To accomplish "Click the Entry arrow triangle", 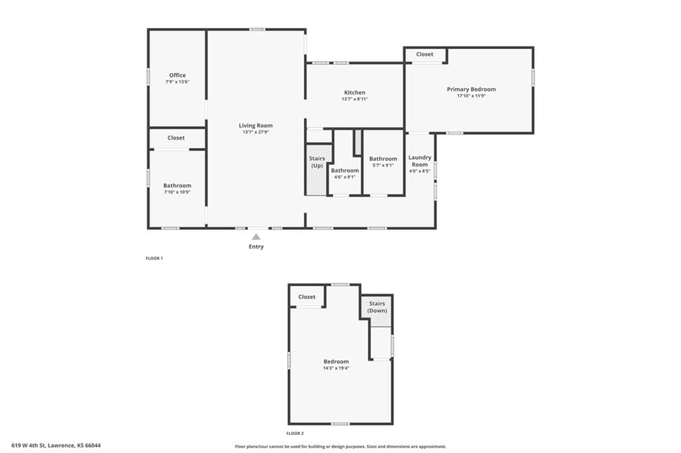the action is pyautogui.click(x=256, y=237).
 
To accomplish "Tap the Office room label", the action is pyautogui.click(x=178, y=75).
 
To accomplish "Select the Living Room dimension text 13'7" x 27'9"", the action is pyautogui.click(x=256, y=132).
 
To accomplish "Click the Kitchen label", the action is pyautogui.click(x=355, y=92).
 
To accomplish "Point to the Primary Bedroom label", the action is pyautogui.click(x=472, y=90).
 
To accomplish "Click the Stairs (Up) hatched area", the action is pyautogui.click(x=318, y=170).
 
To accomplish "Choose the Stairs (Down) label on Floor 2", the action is pyautogui.click(x=377, y=308).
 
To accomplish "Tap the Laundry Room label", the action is pyautogui.click(x=420, y=161).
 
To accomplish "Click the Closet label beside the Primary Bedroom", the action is pyautogui.click(x=425, y=54).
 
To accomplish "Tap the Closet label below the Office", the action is pyautogui.click(x=176, y=137).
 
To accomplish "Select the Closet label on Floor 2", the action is pyautogui.click(x=307, y=297).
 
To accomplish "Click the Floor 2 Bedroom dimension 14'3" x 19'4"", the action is pyautogui.click(x=336, y=368).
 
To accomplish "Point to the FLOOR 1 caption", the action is pyautogui.click(x=154, y=258).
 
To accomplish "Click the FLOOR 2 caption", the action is pyautogui.click(x=295, y=433).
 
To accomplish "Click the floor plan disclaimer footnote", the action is pyautogui.click(x=340, y=446).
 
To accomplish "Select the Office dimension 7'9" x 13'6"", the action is pyautogui.click(x=177, y=82).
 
